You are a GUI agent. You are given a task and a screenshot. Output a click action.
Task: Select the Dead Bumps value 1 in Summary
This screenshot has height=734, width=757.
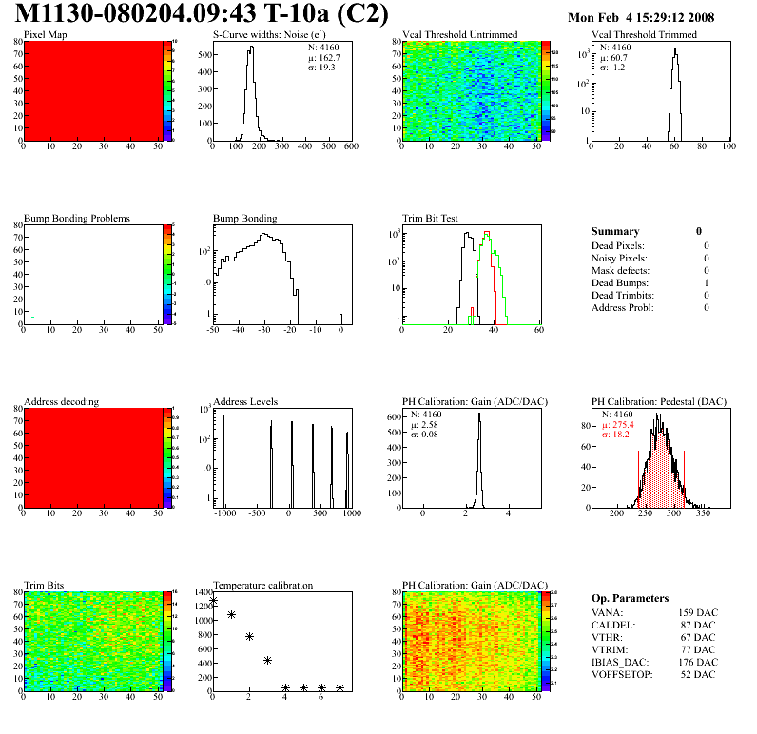tap(707, 282)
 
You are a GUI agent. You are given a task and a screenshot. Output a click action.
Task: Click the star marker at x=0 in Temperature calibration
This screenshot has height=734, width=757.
tap(213, 601)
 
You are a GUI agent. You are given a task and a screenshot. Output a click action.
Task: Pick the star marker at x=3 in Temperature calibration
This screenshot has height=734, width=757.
tap(267, 660)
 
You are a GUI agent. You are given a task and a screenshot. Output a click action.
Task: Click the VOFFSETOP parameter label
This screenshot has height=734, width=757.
tap(623, 674)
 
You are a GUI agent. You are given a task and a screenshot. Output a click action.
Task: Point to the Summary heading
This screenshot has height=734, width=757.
tap(615, 231)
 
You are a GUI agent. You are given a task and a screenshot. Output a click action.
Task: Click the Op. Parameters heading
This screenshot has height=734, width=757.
tap(630, 598)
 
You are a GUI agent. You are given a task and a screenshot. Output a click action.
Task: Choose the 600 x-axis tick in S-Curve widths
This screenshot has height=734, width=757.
tap(349, 147)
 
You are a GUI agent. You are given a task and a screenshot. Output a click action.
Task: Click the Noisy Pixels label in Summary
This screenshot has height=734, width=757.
tap(620, 258)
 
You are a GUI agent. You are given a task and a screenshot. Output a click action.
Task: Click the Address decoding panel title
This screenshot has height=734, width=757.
tap(61, 402)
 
